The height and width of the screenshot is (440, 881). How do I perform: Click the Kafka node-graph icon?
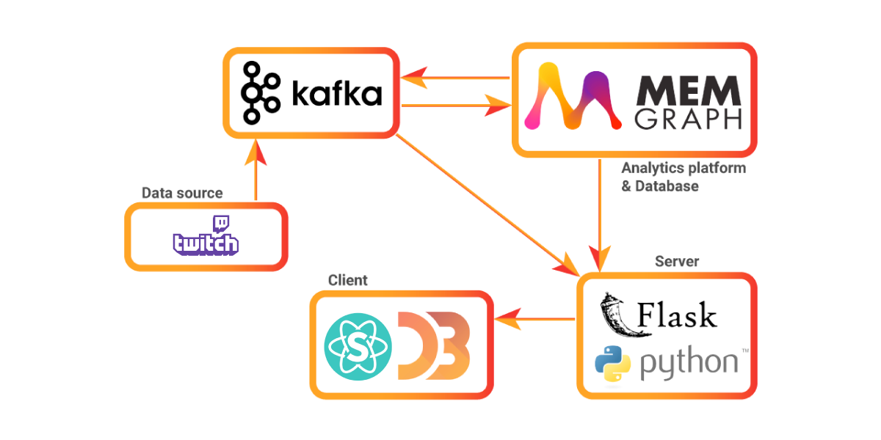coord(261,92)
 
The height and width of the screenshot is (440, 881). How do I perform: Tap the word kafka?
coord(337,94)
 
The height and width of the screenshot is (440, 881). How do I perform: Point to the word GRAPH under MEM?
coord(688,119)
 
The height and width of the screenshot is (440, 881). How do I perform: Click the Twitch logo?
coord(206,237)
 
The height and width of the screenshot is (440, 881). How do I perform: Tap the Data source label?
coord(181,194)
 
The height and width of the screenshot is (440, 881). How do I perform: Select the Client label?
coord(347,281)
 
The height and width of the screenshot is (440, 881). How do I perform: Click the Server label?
coord(677,262)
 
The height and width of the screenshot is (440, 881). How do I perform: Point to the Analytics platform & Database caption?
coord(683,177)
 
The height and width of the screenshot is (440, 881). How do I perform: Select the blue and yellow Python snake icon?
coord(612,362)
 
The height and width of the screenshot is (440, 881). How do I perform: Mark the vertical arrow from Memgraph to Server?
coord(601,213)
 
